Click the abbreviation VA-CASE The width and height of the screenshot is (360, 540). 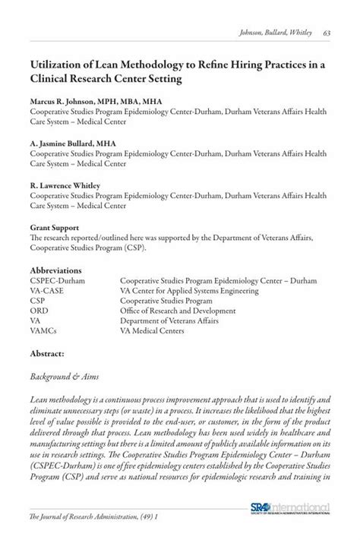click(x=49, y=290)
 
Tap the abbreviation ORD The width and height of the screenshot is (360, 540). click(x=40, y=310)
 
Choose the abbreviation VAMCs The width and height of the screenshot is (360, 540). click(x=46, y=330)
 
